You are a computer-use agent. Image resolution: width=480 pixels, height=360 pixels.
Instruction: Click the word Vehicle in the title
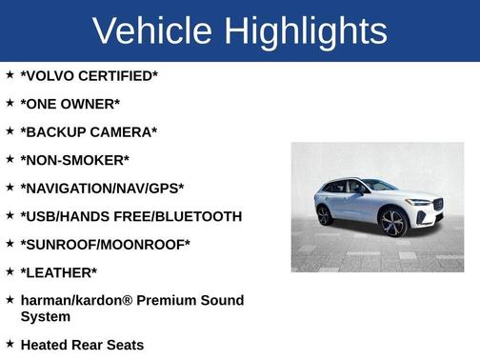click(151, 30)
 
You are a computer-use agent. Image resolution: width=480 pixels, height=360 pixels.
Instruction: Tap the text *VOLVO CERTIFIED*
click(89, 76)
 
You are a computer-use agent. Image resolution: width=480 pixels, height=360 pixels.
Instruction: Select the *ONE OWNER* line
click(72, 104)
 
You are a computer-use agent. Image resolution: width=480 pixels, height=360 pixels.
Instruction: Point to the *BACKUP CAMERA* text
click(89, 132)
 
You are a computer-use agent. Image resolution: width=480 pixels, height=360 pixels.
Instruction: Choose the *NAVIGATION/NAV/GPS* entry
click(102, 189)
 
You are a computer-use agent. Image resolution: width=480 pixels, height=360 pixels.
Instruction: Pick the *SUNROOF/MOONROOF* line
click(105, 245)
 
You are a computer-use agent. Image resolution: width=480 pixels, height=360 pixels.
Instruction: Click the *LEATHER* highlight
click(58, 272)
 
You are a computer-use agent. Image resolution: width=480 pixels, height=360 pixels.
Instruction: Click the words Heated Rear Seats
click(82, 345)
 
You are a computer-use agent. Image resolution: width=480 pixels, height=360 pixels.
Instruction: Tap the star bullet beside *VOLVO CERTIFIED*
click(10, 75)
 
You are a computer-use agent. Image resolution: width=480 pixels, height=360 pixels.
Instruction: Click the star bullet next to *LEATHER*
click(10, 271)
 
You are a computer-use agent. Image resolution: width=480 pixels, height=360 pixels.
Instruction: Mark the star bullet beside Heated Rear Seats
click(10, 344)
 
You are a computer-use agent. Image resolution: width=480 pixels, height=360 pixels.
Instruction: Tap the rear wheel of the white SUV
click(325, 215)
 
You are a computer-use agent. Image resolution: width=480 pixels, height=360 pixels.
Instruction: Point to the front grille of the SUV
click(437, 205)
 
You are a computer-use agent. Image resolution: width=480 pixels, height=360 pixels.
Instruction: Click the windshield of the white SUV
click(380, 185)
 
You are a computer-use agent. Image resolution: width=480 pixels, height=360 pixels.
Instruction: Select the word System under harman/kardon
click(45, 316)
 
